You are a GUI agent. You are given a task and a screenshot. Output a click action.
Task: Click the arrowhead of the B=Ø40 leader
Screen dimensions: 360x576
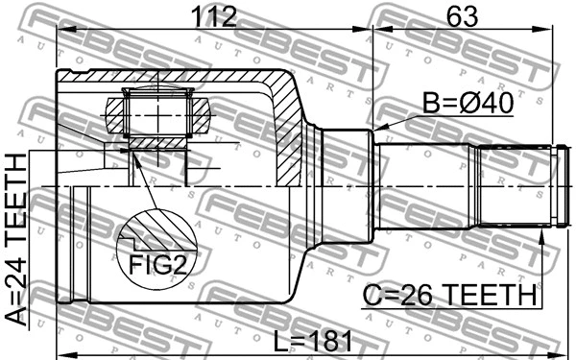click(379, 129)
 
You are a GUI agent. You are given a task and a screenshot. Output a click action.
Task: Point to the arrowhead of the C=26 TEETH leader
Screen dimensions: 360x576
click(543, 234)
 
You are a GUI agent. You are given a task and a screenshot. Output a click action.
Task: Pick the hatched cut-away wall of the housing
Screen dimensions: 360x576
click(288, 125)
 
